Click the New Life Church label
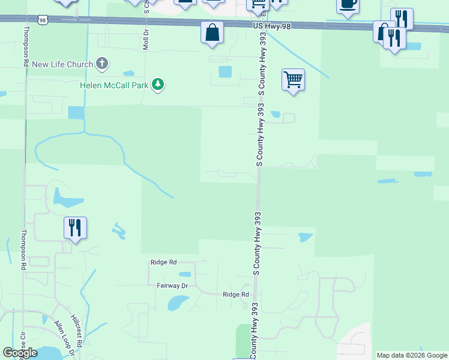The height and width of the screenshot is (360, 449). (62, 65)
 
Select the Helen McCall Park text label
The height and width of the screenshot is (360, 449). (114, 85)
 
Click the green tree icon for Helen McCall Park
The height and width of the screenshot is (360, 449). (158, 85)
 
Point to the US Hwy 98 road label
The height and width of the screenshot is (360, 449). (267, 26)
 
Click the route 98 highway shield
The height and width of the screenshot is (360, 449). (42, 20)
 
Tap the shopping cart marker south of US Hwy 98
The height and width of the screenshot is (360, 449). (293, 79)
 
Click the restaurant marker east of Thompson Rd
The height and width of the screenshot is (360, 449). (75, 227)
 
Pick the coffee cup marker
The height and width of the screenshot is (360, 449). (348, 4)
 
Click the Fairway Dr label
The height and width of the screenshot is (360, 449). (172, 286)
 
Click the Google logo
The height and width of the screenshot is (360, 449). (20, 353)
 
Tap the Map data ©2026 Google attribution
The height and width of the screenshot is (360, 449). (412, 355)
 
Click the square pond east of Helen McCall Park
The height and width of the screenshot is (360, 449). (225, 72)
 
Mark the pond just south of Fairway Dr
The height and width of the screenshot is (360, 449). (178, 302)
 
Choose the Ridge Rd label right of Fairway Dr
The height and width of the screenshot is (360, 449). (235, 295)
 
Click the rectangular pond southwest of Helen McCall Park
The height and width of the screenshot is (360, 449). (76, 113)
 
